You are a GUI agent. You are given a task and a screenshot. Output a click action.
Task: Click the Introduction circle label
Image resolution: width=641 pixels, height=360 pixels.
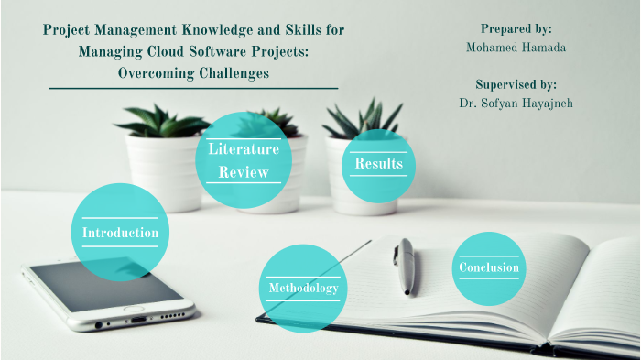[120, 233]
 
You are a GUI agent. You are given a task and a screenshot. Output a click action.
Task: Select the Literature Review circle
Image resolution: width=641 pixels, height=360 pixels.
[243, 159]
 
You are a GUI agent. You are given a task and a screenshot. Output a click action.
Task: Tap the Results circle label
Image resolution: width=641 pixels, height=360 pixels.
[377, 165]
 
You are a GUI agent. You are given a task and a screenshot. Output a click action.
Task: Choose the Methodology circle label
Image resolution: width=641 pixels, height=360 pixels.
[302, 289]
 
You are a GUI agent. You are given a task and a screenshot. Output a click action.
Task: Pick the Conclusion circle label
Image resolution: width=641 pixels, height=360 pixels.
[489, 268]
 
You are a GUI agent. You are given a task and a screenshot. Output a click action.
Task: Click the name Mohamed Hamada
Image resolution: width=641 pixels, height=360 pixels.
[516, 47]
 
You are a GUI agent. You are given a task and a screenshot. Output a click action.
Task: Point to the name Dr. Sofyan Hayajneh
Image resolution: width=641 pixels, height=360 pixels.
[516, 103]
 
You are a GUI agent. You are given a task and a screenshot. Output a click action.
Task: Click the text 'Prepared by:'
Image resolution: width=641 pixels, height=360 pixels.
[516, 29]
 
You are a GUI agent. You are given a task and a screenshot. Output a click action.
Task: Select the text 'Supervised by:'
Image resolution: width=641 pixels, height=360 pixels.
[516, 84]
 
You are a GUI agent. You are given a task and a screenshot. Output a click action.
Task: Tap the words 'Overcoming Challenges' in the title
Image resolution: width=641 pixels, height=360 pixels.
[193, 73]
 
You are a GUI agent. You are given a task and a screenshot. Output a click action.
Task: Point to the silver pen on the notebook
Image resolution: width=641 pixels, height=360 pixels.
[405, 266]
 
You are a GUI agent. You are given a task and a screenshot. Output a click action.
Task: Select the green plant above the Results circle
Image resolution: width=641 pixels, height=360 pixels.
[364, 119]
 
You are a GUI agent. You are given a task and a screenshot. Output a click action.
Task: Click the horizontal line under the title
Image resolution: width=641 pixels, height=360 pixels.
[193, 89]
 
